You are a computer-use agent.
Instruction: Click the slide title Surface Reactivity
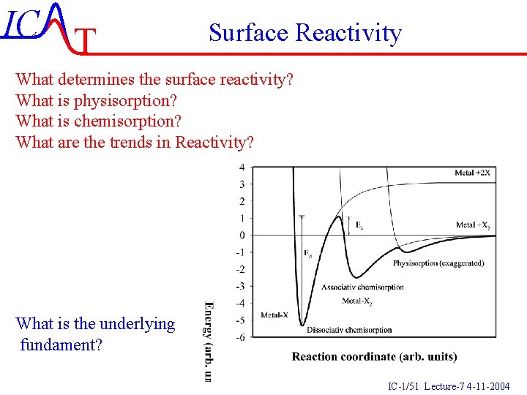pos(304,33)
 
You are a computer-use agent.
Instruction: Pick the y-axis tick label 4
pos(242,168)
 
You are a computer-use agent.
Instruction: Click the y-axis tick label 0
pos(242,236)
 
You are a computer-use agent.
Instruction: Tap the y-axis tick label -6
pos(240,337)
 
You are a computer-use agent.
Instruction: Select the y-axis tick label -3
pos(240,286)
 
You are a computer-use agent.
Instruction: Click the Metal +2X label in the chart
pos(472,173)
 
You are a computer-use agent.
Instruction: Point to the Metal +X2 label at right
pos(472,225)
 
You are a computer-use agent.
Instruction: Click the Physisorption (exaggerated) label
pos(438,263)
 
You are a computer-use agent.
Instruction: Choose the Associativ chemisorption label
pos(362,287)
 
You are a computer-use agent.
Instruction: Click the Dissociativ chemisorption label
pos(349,330)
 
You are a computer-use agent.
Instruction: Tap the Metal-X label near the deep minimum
pos(274,315)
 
